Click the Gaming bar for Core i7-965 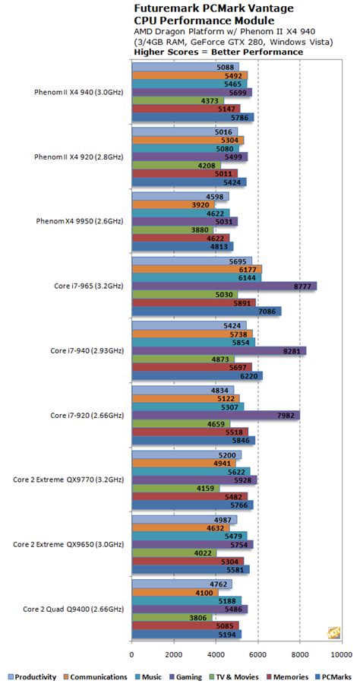pos(224,286)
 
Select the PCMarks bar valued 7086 pos(207,311)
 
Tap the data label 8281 pos(295,350)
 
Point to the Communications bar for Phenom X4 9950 pos(173,204)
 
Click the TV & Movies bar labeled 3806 pos(172,617)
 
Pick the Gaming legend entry pos(185,677)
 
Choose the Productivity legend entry pos(33,677)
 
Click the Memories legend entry pos(288,677)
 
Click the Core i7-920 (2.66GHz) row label pos(87,416)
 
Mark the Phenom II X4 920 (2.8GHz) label pos(79,157)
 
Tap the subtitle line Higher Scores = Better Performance pos(218,52)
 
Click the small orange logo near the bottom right pos(333,633)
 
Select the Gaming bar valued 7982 pos(216,416)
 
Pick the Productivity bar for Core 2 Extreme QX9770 pos(186,454)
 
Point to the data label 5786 pos(242,118)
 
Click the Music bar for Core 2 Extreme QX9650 pos(189,536)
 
